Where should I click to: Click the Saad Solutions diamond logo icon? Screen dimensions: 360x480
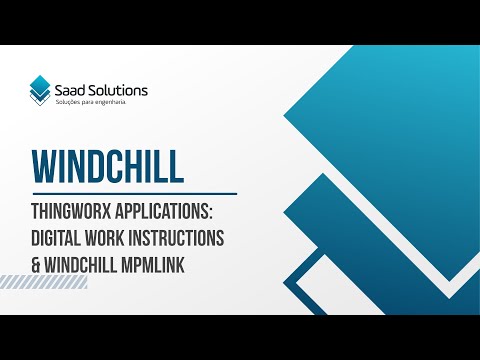coord(40,90)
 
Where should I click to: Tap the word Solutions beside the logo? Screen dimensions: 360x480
coord(122,90)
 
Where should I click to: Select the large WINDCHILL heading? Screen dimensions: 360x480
coord(107,166)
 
